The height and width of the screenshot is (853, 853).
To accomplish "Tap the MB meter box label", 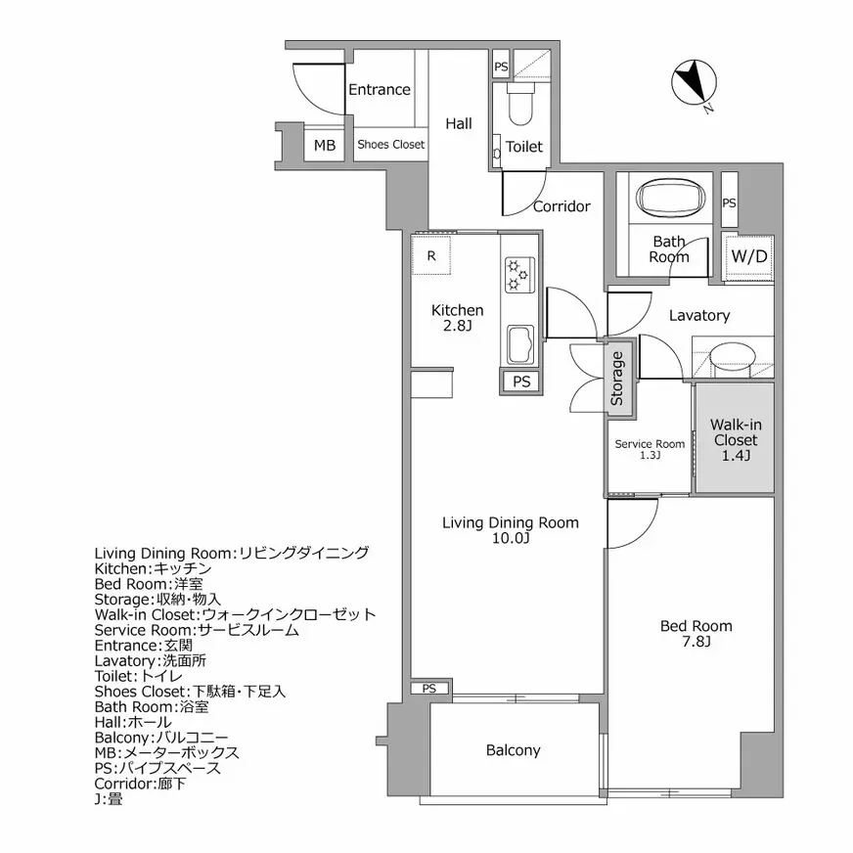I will click(x=324, y=146).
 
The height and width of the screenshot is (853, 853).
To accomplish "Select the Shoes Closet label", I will click(x=390, y=145).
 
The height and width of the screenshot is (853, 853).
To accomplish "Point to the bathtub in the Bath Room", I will click(x=671, y=200).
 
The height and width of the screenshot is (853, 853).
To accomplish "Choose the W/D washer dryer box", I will click(x=749, y=256).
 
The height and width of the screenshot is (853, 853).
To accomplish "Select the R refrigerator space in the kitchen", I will click(x=431, y=256).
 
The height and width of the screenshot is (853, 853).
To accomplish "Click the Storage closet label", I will click(x=617, y=381).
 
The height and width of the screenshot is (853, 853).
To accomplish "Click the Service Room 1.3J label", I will click(x=650, y=448).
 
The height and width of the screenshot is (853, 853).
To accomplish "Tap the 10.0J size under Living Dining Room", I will click(x=511, y=539).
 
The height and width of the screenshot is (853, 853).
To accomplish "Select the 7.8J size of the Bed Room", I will click(x=696, y=642).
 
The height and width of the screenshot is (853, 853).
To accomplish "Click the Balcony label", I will click(x=514, y=750).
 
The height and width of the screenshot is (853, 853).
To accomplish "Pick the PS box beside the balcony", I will click(x=428, y=689).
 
